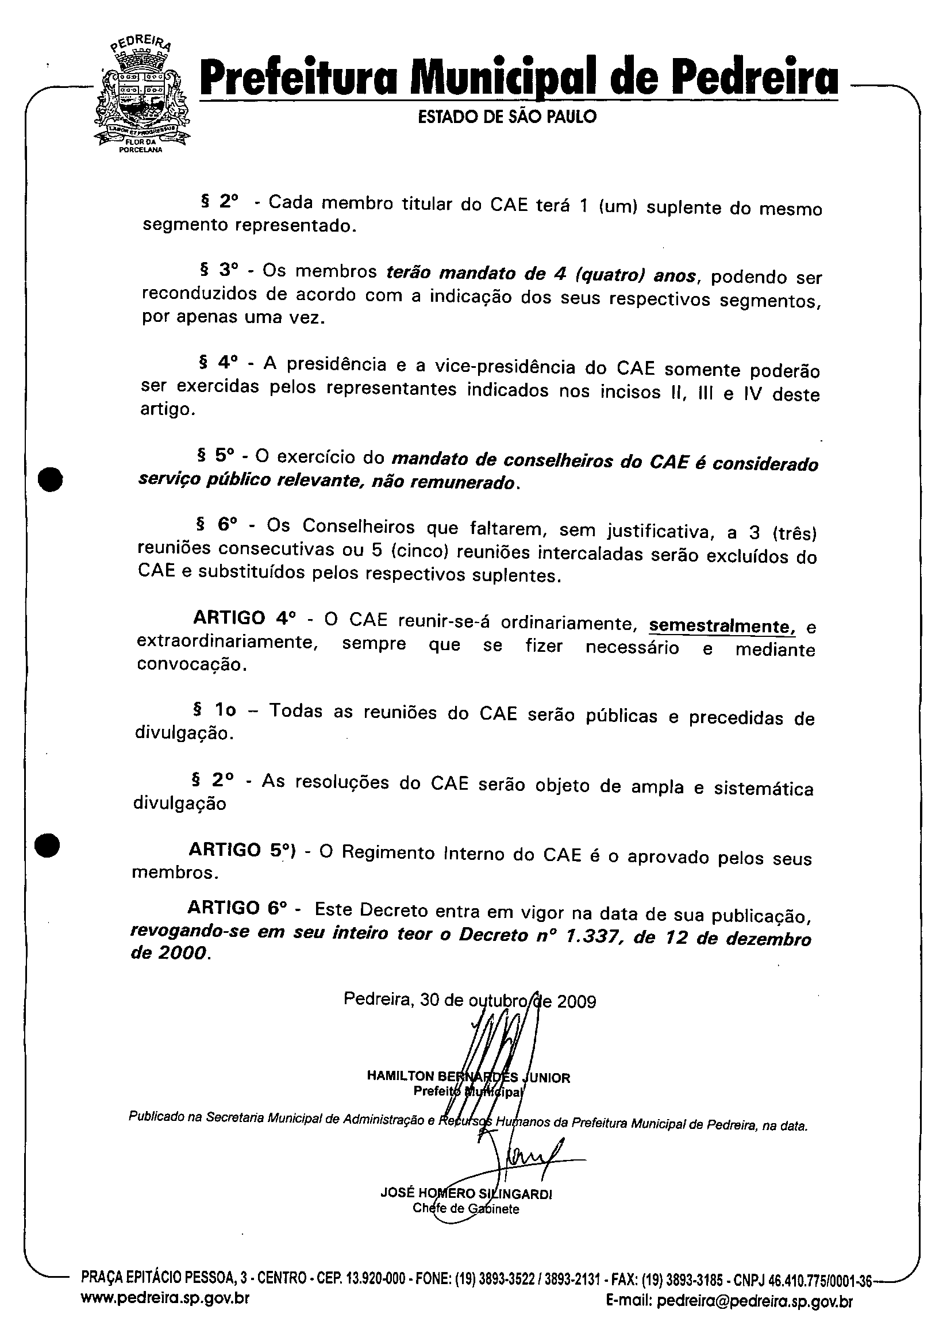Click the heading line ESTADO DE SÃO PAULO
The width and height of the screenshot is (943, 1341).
pyautogui.click(x=507, y=117)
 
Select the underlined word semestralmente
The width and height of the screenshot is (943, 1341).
pyautogui.click(x=722, y=626)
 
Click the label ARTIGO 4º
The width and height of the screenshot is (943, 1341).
pyautogui.click(x=245, y=618)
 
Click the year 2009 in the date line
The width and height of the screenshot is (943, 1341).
pyautogui.click(x=576, y=1002)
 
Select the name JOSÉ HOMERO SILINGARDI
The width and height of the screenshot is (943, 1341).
pyautogui.click(x=466, y=1194)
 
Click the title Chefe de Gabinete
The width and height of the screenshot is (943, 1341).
pyautogui.click(x=465, y=1208)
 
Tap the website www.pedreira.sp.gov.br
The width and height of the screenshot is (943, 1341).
pyautogui.click(x=165, y=1313)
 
